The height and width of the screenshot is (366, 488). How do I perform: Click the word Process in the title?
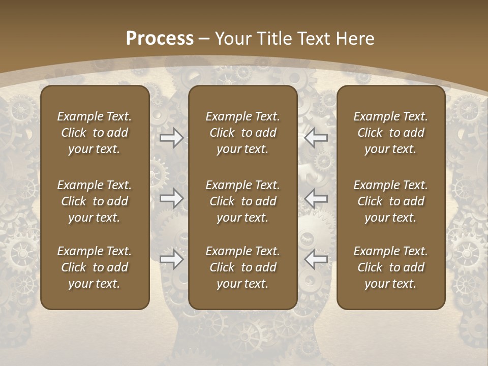point(160,39)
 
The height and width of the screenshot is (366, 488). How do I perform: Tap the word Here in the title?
point(355,39)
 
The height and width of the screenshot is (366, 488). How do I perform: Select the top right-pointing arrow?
point(172,137)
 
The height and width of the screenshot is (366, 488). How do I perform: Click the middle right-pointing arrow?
point(172,198)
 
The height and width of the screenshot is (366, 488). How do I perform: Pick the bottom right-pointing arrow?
point(172,259)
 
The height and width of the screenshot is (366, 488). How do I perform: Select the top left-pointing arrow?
point(316,137)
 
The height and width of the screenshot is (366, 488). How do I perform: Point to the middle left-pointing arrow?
point(316,198)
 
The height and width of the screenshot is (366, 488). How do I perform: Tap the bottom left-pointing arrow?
point(316,259)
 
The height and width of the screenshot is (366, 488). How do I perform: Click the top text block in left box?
point(95,133)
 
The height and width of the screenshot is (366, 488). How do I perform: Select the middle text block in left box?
point(95,201)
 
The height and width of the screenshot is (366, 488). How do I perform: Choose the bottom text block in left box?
point(95,267)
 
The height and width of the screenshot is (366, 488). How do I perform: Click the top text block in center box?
point(243,133)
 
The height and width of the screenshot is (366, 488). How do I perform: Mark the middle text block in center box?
point(243,201)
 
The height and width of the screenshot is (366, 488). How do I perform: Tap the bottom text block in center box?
point(243,267)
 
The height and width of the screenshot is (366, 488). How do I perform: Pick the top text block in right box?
point(391,133)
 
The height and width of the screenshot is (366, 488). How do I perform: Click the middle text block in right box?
point(391,201)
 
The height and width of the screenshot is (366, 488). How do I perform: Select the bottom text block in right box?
point(391,267)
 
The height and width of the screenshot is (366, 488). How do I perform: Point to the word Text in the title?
point(315,39)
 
